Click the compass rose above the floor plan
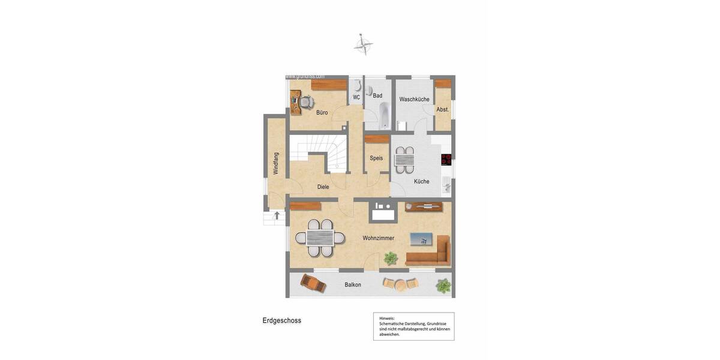point(363,44)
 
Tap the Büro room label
point(322,112)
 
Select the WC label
point(356,97)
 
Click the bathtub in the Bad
point(385,115)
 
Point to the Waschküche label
point(414,99)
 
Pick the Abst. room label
point(443,109)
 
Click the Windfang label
point(276,163)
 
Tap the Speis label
point(376,158)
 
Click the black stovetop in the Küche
point(446,160)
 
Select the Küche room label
point(421,181)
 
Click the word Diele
point(323,187)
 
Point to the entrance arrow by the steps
point(277,214)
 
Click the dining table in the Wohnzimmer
point(320,238)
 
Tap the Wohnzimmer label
point(378,238)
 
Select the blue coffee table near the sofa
point(421,239)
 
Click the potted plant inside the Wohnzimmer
point(391,259)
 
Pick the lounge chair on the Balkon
point(313,283)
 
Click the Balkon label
point(353,284)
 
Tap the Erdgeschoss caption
point(281,320)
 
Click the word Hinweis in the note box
point(387,318)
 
